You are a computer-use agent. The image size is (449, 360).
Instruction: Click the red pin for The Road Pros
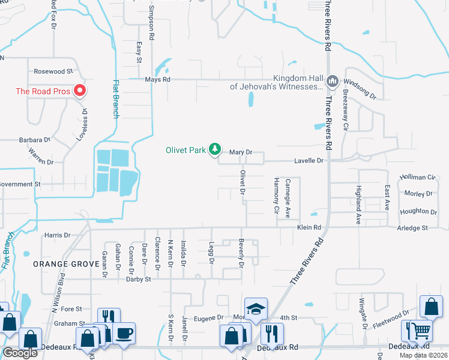coord(80,91)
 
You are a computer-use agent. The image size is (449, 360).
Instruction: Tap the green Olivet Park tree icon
coord(214,149)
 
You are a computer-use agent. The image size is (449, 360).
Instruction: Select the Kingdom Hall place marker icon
coord(332,80)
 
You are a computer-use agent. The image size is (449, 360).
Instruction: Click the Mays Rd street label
coord(158,79)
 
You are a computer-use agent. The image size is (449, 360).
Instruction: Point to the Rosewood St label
coord(53,71)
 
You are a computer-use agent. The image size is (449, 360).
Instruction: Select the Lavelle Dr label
coord(309,161)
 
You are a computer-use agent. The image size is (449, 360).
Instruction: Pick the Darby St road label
coord(139,278)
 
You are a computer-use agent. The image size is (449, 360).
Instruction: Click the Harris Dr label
coord(57,235)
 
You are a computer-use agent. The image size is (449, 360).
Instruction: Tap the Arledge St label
coord(412,228)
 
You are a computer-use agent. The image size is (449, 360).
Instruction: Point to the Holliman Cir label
coord(418,178)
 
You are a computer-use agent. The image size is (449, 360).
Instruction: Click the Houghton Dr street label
coord(418,211)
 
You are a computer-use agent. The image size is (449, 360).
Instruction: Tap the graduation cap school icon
coord(256,308)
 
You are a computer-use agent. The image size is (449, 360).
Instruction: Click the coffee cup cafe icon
coord(124,333)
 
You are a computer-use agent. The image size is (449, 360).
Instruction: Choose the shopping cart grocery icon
coord(421,331)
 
